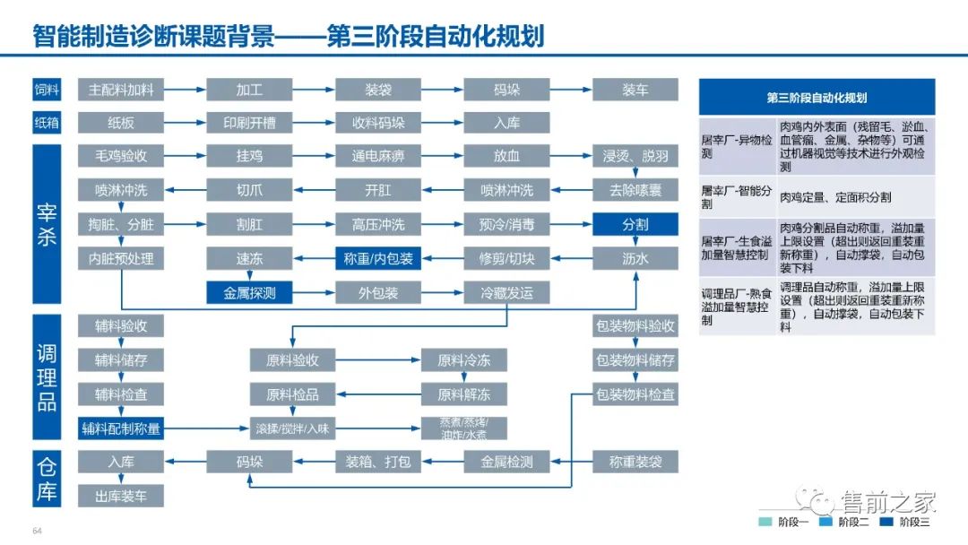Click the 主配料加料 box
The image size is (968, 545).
coord(121,90)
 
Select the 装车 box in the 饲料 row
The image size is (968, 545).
coord(635,90)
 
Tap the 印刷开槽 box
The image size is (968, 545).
coord(249,123)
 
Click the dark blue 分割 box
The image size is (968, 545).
coord(635,225)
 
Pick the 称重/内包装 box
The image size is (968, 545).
coord(378,259)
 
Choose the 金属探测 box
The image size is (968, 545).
coord(249,293)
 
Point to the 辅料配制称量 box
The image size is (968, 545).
coord(121,428)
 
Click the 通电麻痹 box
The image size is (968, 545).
coord(378,157)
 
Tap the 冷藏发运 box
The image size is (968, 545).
coord(506,293)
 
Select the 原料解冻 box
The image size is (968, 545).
coord(463,394)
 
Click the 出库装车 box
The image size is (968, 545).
coord(121,496)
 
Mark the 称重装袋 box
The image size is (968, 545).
coord(635,463)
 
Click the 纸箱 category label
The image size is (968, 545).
coord(47,123)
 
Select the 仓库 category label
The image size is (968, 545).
coord(47,479)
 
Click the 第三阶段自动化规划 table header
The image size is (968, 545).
coord(817,98)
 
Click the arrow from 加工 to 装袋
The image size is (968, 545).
coord(314,90)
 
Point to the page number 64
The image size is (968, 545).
coord(38,531)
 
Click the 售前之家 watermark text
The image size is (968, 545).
coord(887,500)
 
